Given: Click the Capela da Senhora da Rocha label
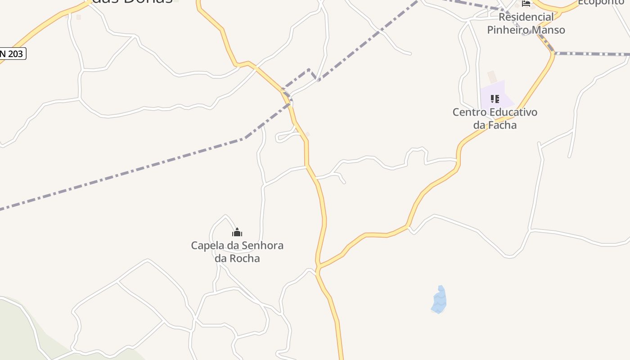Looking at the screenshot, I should (237, 252).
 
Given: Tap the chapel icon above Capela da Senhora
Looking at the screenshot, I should (237, 233).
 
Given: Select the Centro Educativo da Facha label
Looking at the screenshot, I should (495, 118).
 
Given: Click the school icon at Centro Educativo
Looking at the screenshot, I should (495, 99).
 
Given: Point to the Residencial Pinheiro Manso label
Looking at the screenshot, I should (526, 23).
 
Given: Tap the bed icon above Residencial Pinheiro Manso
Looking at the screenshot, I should (526, 3).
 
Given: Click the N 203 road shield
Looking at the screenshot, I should (12, 54).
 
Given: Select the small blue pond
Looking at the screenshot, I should (439, 300).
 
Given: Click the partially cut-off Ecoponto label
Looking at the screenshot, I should (601, 2).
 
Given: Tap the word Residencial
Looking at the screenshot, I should (526, 17).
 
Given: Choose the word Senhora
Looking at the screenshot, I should (263, 246).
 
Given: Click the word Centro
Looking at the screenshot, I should (468, 112).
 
